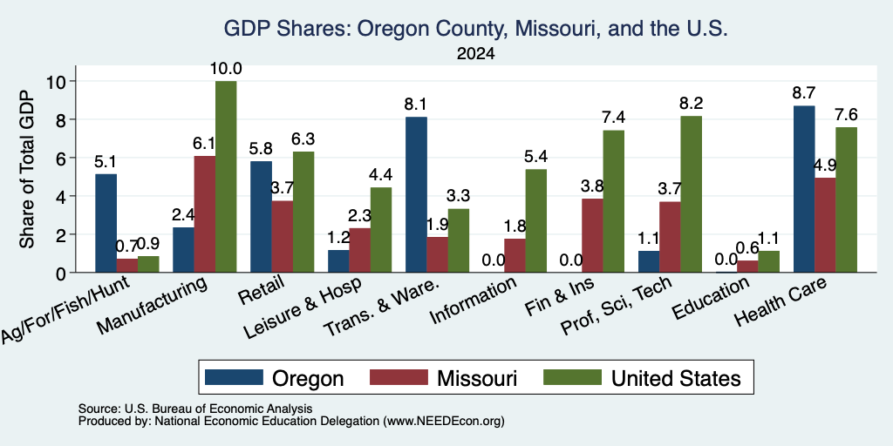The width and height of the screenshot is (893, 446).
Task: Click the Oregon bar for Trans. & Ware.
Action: (x=416, y=194)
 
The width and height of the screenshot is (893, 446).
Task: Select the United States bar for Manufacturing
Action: (x=226, y=176)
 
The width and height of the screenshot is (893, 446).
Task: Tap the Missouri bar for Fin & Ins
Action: (x=593, y=235)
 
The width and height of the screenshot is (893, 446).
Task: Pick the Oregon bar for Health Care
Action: (x=803, y=189)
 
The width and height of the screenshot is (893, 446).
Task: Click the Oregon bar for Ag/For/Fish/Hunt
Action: (x=106, y=223)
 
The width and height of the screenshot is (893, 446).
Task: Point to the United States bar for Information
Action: (x=536, y=220)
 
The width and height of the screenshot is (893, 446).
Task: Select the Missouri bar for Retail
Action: (x=283, y=237)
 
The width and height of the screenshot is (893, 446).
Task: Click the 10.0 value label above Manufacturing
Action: (x=226, y=69)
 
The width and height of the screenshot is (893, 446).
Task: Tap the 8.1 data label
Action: (x=416, y=105)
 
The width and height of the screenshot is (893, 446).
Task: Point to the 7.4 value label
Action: (x=614, y=118)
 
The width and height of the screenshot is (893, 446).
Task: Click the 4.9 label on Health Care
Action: (x=825, y=166)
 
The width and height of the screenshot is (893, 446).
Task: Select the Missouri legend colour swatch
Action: (x=399, y=377)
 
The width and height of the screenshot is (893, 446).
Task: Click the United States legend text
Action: (x=676, y=378)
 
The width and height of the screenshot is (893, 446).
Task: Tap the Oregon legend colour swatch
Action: (x=234, y=377)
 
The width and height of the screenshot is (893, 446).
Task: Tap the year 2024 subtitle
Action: (x=475, y=54)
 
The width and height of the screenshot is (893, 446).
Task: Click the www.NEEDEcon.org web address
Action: (x=444, y=422)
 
